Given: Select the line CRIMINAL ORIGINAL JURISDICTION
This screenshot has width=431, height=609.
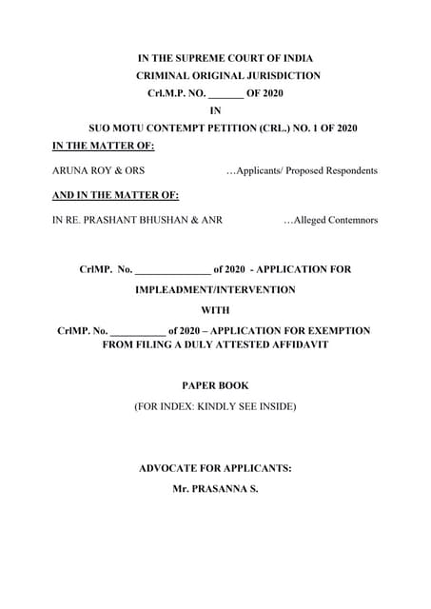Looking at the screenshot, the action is pyautogui.click(x=228, y=75).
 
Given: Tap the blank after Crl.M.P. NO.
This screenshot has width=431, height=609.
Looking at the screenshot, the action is pyautogui.click(x=225, y=93).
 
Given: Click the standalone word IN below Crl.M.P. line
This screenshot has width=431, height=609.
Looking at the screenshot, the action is pyautogui.click(x=215, y=109).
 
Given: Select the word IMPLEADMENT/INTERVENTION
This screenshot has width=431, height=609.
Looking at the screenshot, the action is pyautogui.click(x=215, y=289).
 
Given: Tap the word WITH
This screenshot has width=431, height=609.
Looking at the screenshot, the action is pyautogui.click(x=215, y=310).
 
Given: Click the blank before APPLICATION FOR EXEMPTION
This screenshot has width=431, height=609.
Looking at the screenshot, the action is pyautogui.click(x=137, y=330).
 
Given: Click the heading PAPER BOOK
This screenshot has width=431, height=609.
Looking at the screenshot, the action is pyautogui.click(x=215, y=385).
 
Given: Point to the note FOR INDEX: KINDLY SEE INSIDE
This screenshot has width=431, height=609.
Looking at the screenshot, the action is pyautogui.click(x=215, y=406).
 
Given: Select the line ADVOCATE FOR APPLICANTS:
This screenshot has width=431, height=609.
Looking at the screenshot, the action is pyautogui.click(x=215, y=468).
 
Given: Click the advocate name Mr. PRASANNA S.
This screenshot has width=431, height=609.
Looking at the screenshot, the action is pyautogui.click(x=215, y=488).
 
